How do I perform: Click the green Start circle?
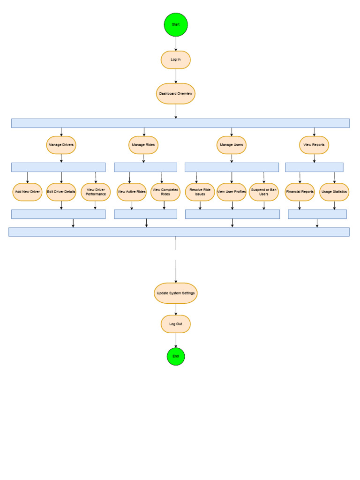pyautogui.click(x=176, y=24)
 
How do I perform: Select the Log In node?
pyautogui.click(x=176, y=60)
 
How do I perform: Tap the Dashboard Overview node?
pyautogui.click(x=176, y=94)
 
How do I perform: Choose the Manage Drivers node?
pyautogui.click(x=61, y=145)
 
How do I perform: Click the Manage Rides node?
pyautogui.click(x=143, y=145)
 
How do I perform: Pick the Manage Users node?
pyautogui.click(x=232, y=145)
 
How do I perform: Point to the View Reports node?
pyautogui.click(x=314, y=145)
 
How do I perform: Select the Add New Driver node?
pyautogui.click(x=27, y=192)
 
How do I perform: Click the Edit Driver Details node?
pyautogui.click(x=61, y=192)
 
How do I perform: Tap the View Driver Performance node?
pyautogui.click(x=96, y=192)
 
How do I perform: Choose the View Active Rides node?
pyautogui.click(x=132, y=192)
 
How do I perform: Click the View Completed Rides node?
pyautogui.click(x=165, y=192)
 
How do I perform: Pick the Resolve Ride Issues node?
pyautogui.click(x=200, y=192)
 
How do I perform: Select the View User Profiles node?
pyautogui.click(x=232, y=192)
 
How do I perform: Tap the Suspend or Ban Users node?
pyautogui.click(x=264, y=192)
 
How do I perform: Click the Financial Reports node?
pyautogui.click(x=300, y=192)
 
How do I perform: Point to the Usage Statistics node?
pyautogui.click(x=334, y=192)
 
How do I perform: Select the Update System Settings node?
pyautogui.click(x=176, y=293)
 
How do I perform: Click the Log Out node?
pyautogui.click(x=176, y=324)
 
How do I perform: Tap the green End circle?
pyautogui.click(x=176, y=356)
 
